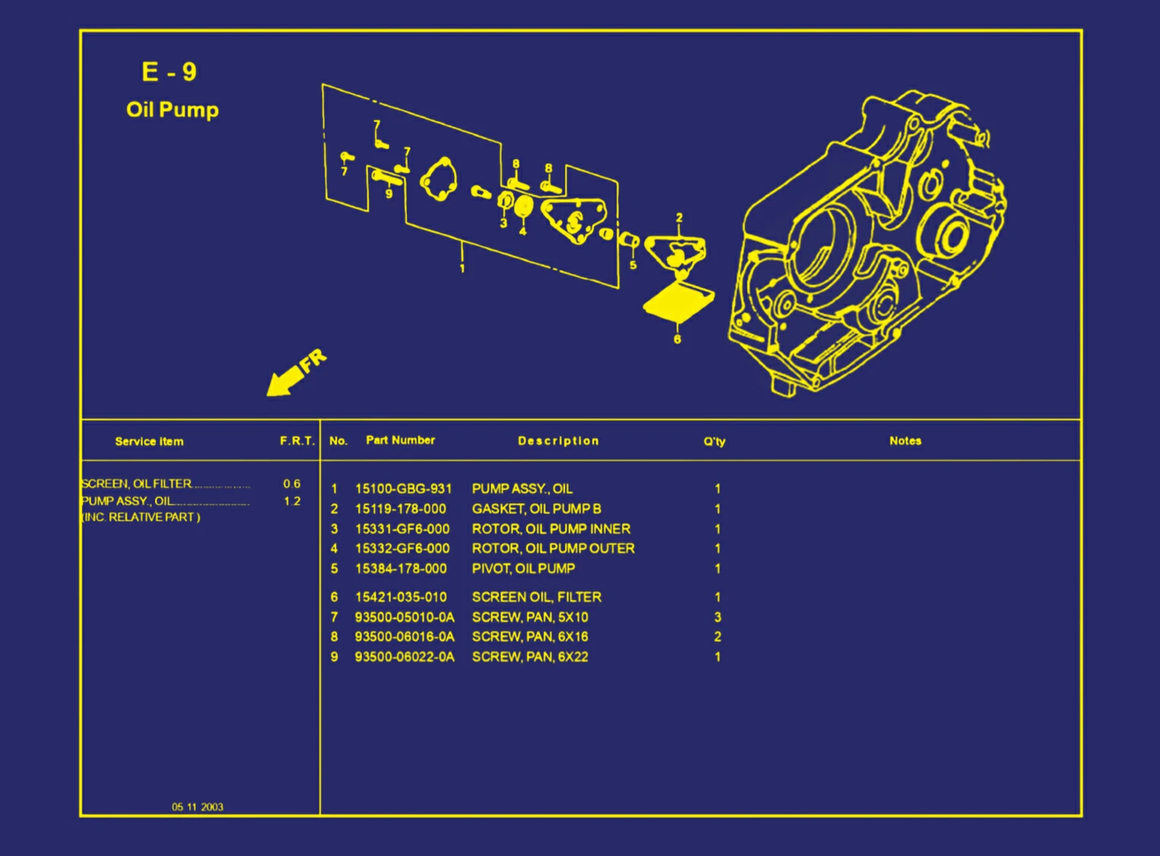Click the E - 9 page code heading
[169, 72]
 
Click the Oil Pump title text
[172, 109]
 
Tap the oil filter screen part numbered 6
[678, 302]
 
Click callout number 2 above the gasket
[679, 218]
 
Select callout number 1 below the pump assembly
[462, 268]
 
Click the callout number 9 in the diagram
[389, 194]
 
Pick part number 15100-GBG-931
[403, 488]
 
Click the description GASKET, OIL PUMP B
[536, 509]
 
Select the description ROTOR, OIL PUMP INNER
[550, 529]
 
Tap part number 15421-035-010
[401, 597]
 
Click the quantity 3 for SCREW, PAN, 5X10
[717, 617]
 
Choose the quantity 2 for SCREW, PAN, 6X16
[717, 636]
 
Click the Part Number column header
[400, 440]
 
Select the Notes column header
[905, 441]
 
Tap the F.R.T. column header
[297, 441]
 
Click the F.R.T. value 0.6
[292, 484]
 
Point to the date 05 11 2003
[197, 807]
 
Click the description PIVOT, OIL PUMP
[523, 568]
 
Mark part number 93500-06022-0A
[404, 657]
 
